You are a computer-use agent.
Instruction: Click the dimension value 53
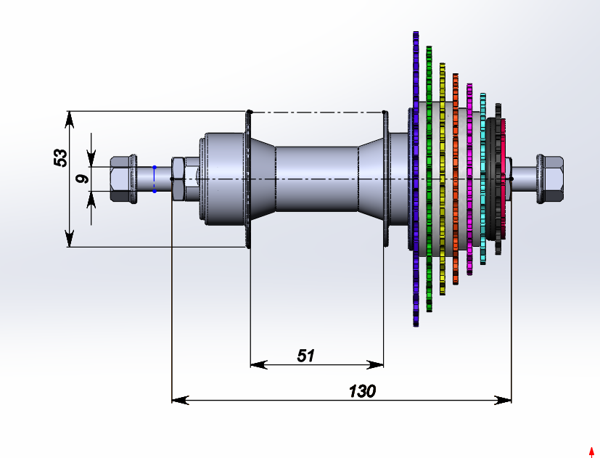coord(60,158)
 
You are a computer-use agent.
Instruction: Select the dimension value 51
coord(306,355)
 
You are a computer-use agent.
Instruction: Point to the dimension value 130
coord(362,391)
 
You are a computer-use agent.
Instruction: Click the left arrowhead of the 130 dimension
coord(178,400)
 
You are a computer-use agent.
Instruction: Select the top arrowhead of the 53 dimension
coord(70,117)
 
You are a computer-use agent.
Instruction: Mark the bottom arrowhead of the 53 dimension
coord(70,240)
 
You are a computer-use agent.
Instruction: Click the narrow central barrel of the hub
coord(316,179)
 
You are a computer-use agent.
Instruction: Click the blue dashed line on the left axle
coord(155,179)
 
